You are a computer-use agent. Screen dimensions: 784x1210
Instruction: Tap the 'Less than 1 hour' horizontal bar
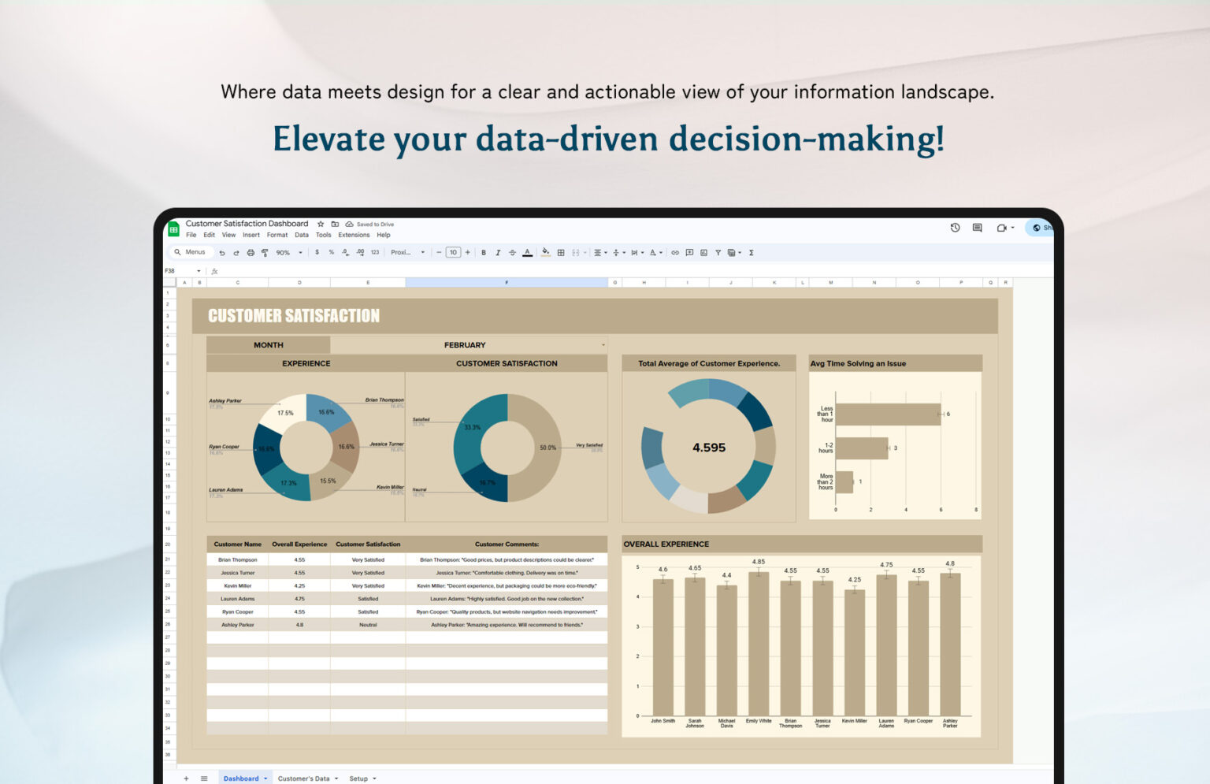(x=888, y=414)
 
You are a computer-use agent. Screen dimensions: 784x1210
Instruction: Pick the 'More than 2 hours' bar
(x=844, y=482)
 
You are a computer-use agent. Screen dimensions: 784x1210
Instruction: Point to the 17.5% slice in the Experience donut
(x=283, y=412)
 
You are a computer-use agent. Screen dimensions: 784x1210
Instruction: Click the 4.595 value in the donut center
(x=708, y=448)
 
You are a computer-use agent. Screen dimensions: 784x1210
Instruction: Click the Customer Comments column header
(x=507, y=544)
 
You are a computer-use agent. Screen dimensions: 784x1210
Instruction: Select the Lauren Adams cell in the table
(x=237, y=599)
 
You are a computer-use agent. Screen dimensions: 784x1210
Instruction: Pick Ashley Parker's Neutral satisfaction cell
(x=368, y=625)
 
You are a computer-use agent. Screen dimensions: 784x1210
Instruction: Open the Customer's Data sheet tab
(x=304, y=778)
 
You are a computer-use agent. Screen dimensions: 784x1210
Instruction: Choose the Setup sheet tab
(x=359, y=778)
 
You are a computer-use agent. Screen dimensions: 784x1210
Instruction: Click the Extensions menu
(x=354, y=235)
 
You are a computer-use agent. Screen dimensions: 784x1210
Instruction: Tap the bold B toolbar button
(x=484, y=253)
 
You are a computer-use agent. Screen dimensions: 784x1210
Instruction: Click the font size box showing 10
(x=453, y=253)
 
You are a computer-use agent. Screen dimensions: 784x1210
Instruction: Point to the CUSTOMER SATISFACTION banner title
(x=294, y=316)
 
